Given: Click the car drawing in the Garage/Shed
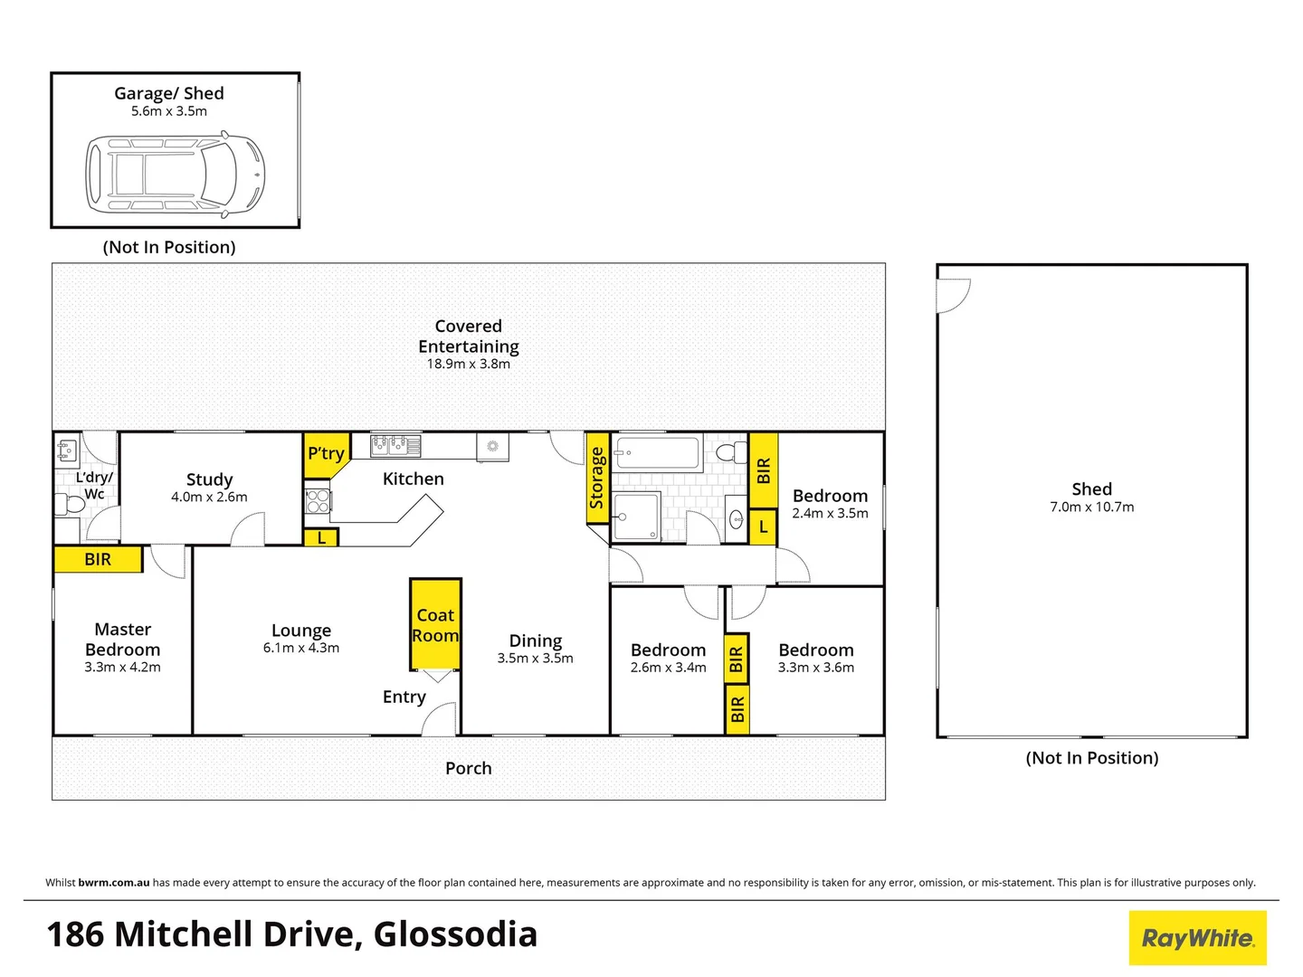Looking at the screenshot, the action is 175,175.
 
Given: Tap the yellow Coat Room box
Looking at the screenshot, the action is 436,624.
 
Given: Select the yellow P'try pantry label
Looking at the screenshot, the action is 326,455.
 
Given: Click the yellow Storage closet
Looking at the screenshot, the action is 597,479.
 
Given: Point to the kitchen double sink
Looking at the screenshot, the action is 395,446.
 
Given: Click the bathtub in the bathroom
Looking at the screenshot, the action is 657,454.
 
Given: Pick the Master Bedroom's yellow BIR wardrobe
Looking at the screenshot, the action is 98,559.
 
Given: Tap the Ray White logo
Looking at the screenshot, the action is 1197,937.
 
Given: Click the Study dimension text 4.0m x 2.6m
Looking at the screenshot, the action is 209,498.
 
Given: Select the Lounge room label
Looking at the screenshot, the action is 301,631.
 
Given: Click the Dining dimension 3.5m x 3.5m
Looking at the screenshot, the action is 535,658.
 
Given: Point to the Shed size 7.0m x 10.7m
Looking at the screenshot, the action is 1091,507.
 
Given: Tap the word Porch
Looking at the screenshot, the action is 469,768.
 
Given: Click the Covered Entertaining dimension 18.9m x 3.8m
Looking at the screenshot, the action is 469,365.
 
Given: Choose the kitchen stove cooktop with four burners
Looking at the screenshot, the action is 318,500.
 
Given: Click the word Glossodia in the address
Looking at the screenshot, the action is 455,934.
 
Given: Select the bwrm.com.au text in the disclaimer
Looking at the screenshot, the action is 114,883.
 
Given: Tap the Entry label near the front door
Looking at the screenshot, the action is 404,697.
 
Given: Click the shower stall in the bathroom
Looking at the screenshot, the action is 636,517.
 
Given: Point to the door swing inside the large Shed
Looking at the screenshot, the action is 954,296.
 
